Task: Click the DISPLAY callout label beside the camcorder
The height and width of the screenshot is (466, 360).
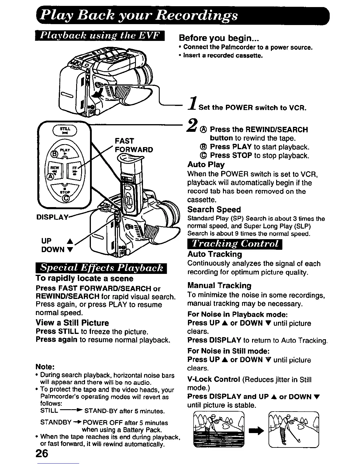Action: pyautogui.click(x=52, y=217)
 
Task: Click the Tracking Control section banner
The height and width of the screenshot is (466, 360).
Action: pyautogui.click(x=234, y=244)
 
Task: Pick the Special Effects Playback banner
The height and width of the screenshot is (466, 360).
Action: pyautogui.click(x=101, y=268)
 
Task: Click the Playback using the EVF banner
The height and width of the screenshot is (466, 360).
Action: pyautogui.click(x=100, y=36)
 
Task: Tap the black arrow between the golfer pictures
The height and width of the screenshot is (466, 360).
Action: pyautogui.click(x=256, y=431)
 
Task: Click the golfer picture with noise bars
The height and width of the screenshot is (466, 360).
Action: pyautogui.click(x=219, y=430)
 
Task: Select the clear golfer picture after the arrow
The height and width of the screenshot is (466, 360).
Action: pyautogui.click(x=294, y=430)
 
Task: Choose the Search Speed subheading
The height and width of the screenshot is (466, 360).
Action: pyautogui.click(x=214, y=209)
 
